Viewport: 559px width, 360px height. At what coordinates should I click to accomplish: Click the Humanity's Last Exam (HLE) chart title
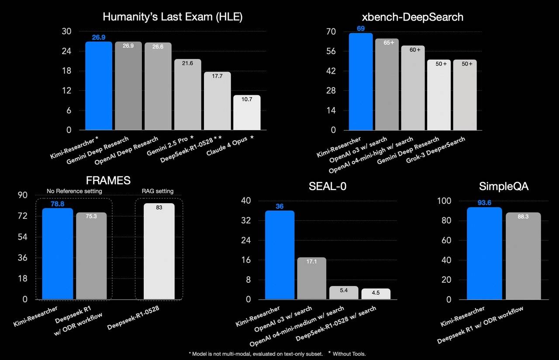click(173, 17)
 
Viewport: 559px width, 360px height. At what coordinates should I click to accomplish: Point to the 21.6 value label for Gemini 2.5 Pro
click(187, 63)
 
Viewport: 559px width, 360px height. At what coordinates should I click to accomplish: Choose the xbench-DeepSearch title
click(413, 17)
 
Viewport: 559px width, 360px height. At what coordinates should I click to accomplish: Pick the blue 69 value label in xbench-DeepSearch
click(361, 28)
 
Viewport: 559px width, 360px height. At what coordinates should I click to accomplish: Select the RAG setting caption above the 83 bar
click(158, 191)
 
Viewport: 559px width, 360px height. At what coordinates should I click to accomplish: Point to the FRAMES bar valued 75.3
click(91, 256)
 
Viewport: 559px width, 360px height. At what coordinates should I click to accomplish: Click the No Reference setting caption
click(75, 191)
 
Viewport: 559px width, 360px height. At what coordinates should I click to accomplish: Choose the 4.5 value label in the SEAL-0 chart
click(376, 293)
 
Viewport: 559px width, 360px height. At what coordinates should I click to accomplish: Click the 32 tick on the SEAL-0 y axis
click(246, 221)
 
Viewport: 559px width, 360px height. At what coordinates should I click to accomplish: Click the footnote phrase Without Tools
click(349, 353)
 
